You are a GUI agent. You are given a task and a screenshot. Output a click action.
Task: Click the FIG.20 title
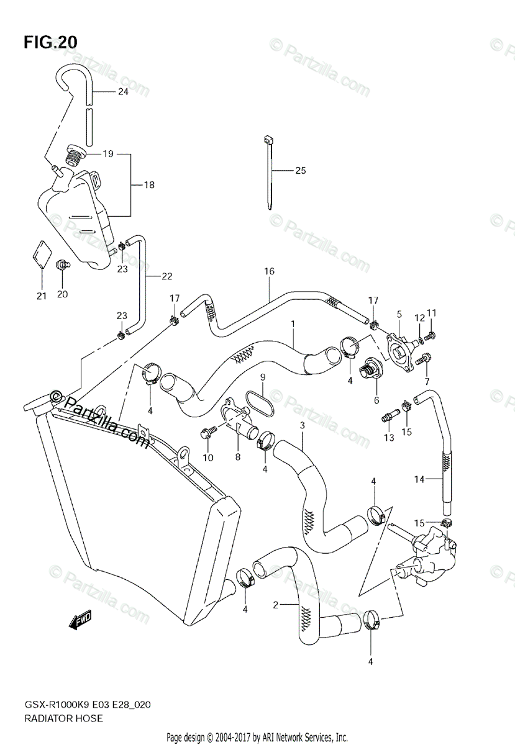51,42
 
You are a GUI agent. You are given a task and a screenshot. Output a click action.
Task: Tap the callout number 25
301,171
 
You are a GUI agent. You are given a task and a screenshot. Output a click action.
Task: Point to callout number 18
149,185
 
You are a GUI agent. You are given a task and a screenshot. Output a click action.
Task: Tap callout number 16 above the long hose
268,271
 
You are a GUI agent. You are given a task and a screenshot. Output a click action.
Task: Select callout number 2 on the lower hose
275,604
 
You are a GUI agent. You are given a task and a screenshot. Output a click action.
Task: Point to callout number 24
122,93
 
